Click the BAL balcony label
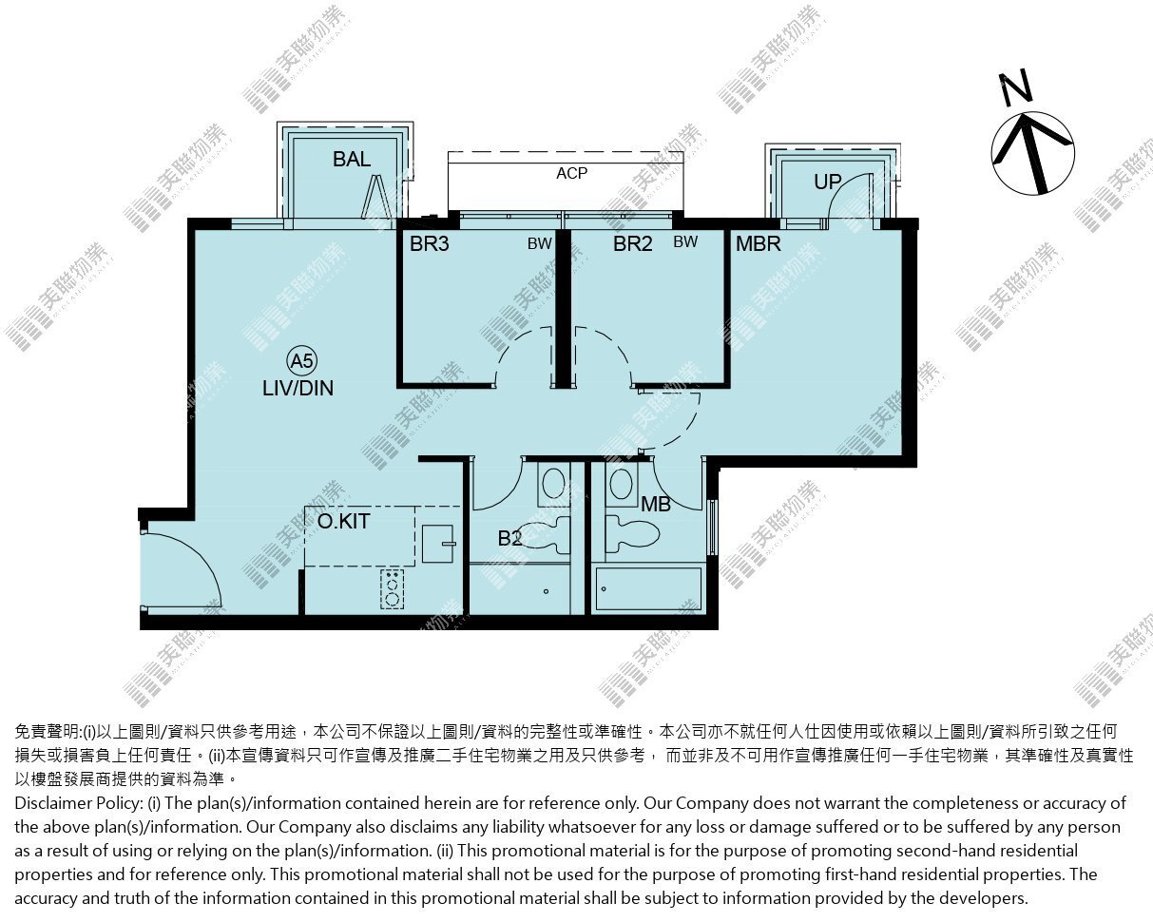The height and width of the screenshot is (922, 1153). click(x=352, y=159)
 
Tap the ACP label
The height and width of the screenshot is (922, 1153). click(x=571, y=173)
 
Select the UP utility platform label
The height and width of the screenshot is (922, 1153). click(x=828, y=182)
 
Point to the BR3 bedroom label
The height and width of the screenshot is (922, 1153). click(x=429, y=243)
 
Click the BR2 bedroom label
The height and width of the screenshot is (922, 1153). click(x=633, y=243)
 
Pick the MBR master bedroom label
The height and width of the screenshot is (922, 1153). click(x=759, y=243)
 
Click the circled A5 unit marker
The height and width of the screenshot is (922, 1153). click(x=302, y=361)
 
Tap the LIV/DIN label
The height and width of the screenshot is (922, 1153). click(x=298, y=388)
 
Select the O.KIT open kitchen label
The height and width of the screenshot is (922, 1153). click(x=343, y=521)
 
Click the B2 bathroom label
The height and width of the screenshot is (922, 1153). click(x=509, y=538)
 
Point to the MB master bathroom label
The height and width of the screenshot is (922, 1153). click(x=656, y=504)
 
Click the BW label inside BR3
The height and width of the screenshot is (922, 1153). click(x=540, y=243)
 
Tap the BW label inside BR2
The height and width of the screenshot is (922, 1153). click(x=685, y=241)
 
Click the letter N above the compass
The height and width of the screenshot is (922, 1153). click(x=1015, y=87)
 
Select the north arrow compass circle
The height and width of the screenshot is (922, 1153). click(x=1032, y=153)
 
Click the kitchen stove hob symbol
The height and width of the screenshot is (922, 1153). click(x=393, y=588)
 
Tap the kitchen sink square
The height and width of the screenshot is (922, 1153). click(x=438, y=544)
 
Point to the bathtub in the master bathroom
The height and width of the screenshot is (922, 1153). click(x=648, y=589)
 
